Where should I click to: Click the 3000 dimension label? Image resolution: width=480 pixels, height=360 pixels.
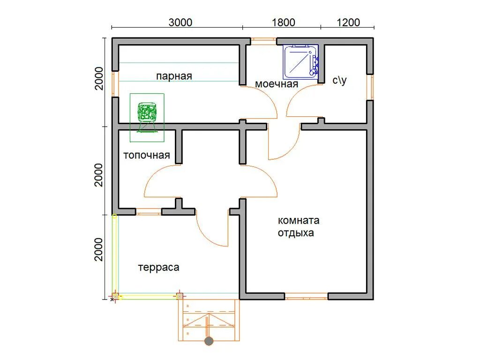coord(180,22)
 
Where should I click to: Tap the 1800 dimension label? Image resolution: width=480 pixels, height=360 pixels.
coord(284,22)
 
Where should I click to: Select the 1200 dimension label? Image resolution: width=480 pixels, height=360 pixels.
coord(348,22)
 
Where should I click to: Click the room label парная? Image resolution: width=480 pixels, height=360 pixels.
coord(174,76)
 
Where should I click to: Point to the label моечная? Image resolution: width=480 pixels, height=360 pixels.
coord(277,84)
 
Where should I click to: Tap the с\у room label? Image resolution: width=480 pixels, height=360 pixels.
coord(340,80)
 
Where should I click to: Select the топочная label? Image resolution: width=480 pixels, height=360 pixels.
coord(147,155)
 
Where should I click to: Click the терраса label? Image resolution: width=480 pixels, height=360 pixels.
coord(158,268)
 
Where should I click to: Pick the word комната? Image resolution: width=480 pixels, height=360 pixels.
coord(299,220)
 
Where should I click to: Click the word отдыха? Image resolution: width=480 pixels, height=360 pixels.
coord(296,233)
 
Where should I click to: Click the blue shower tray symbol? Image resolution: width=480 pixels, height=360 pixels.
coord(301,61)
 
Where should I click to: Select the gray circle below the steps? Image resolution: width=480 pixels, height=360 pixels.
coord(209,341)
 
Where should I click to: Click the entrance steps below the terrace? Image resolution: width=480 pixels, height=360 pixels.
coord(209,320)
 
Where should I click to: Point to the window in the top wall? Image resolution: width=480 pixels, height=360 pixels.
coord(263,39)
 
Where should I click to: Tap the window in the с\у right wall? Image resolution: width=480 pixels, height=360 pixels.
coord(370,87)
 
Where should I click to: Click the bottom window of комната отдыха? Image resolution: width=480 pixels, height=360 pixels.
coord(307,296)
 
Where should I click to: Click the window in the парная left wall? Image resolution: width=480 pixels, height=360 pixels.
coord(115,84)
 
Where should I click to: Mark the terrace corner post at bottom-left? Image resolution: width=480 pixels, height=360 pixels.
coord(115,296)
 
